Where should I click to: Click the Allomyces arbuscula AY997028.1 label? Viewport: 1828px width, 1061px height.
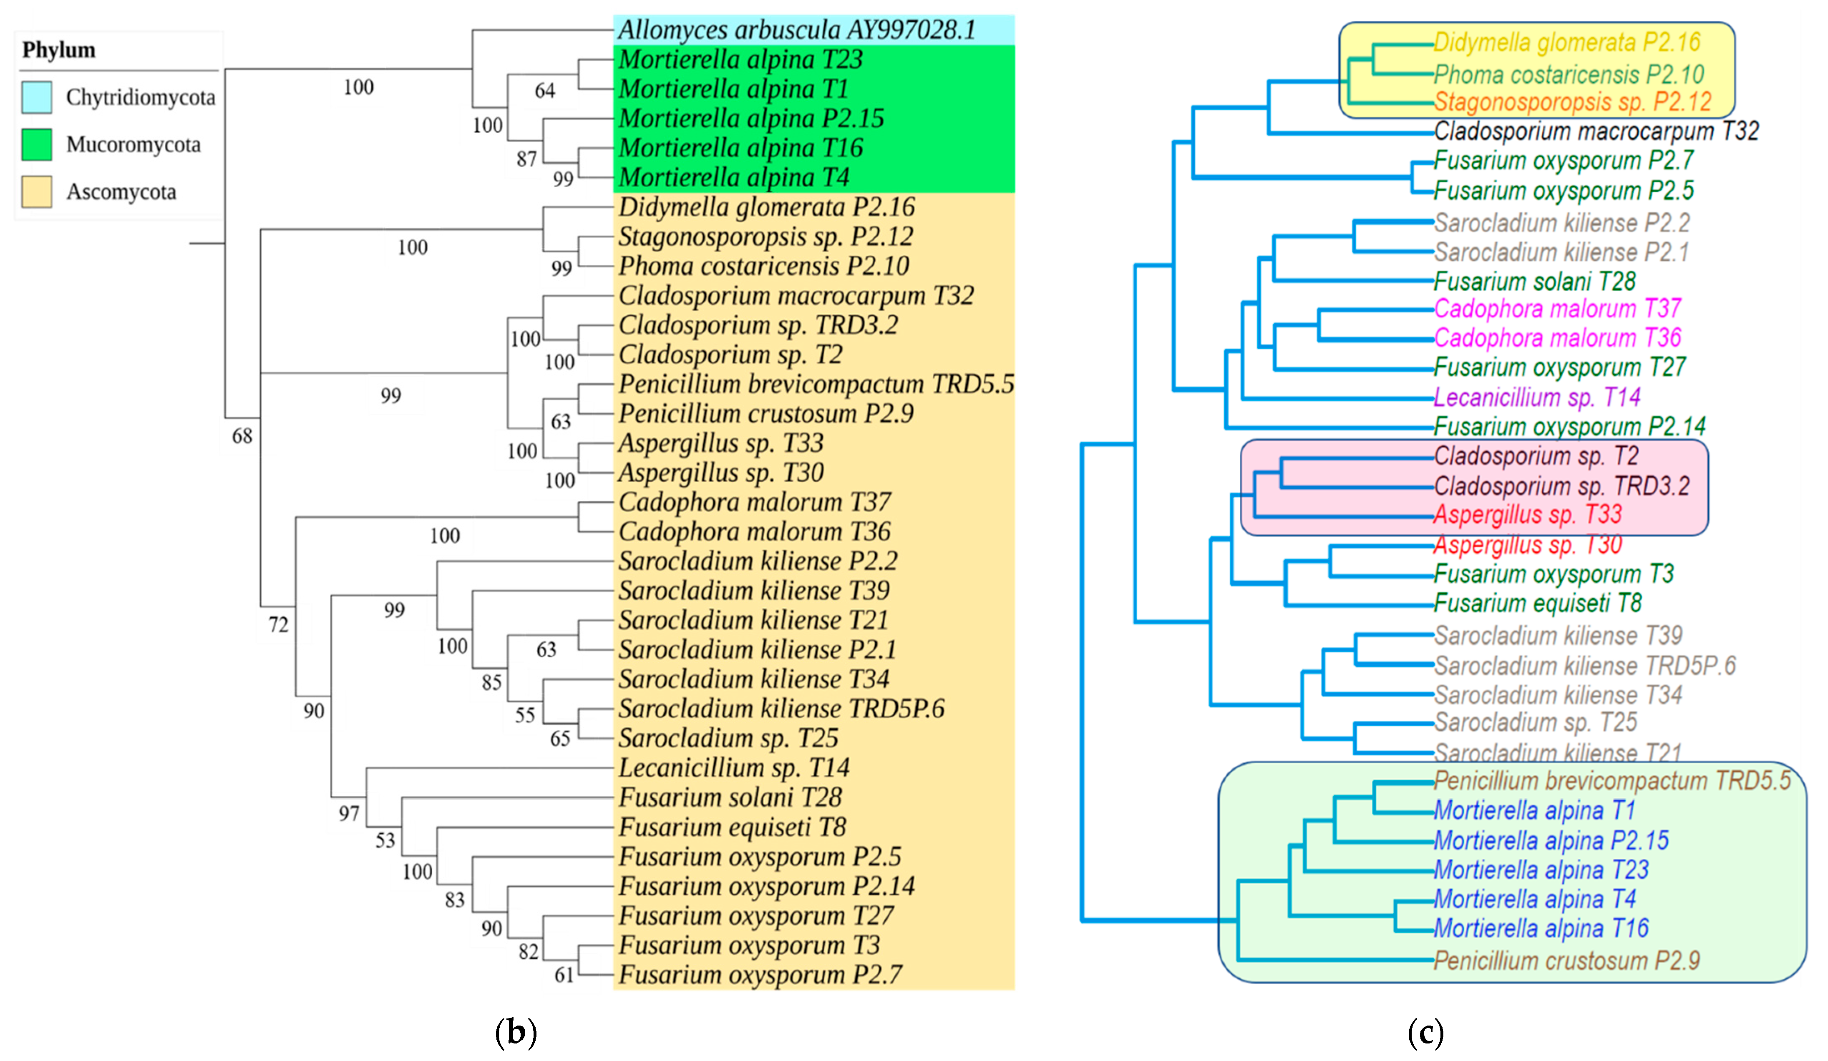pyautogui.click(x=796, y=30)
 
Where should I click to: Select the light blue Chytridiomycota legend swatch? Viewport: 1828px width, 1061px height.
pyautogui.click(x=36, y=97)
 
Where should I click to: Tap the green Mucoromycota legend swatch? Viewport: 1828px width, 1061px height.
pyautogui.click(x=36, y=144)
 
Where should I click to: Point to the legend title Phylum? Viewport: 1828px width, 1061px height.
pyautogui.click(x=59, y=50)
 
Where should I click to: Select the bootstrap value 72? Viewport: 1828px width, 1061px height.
pyautogui.click(x=279, y=624)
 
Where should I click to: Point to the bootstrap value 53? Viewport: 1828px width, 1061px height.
pyautogui.click(x=385, y=840)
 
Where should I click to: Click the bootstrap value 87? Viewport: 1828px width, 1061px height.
pyautogui.click(x=526, y=159)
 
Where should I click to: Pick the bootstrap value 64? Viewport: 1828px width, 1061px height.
pyautogui.click(x=545, y=91)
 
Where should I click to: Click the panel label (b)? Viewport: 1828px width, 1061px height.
pyautogui.click(x=516, y=1032)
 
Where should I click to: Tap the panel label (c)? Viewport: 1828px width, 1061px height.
pyautogui.click(x=1425, y=1032)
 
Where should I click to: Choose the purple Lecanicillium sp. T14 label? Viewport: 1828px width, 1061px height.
pyautogui.click(x=1537, y=397)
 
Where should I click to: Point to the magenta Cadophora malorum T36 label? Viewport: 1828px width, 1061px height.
pyautogui.click(x=1557, y=338)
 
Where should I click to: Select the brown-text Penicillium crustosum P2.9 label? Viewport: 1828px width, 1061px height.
pyautogui.click(x=1567, y=961)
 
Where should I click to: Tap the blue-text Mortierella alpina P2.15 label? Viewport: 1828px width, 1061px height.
pyautogui.click(x=1551, y=840)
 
